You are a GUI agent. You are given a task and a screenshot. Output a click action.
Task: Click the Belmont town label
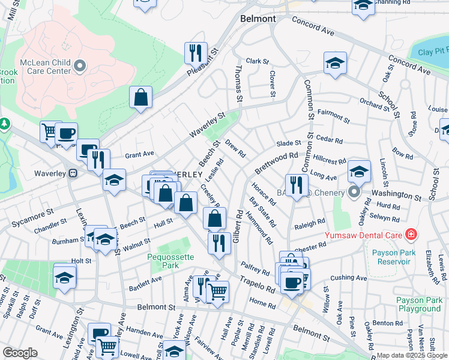click(x=258, y=19)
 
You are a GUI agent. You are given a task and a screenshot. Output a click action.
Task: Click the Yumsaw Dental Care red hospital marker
click(x=411, y=233)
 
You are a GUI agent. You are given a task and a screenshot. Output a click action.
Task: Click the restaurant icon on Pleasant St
click(x=195, y=53)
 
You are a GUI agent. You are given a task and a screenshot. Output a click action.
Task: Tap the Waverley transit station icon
click(x=73, y=173)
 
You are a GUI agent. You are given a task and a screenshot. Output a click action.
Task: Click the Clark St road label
click(x=257, y=61)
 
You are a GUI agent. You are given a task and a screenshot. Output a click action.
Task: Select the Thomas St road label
click(x=239, y=84)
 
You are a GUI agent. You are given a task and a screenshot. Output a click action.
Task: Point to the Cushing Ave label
click(x=348, y=278)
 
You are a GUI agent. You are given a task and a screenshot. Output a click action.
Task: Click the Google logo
click(x=20, y=353)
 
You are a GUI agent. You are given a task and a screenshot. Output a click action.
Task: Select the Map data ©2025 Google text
click(x=411, y=355)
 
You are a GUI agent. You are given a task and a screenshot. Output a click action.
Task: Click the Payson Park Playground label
click(x=418, y=304)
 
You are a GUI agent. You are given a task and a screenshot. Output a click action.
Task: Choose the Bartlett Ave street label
click(x=143, y=280)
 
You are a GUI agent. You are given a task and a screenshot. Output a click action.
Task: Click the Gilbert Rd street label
click(x=238, y=225)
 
